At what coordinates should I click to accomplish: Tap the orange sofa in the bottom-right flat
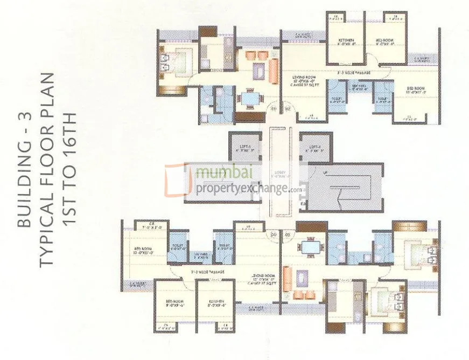[x=287, y=279]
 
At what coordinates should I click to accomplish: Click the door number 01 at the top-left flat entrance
[x=273, y=109]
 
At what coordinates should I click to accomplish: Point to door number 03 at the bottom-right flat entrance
[x=287, y=234]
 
